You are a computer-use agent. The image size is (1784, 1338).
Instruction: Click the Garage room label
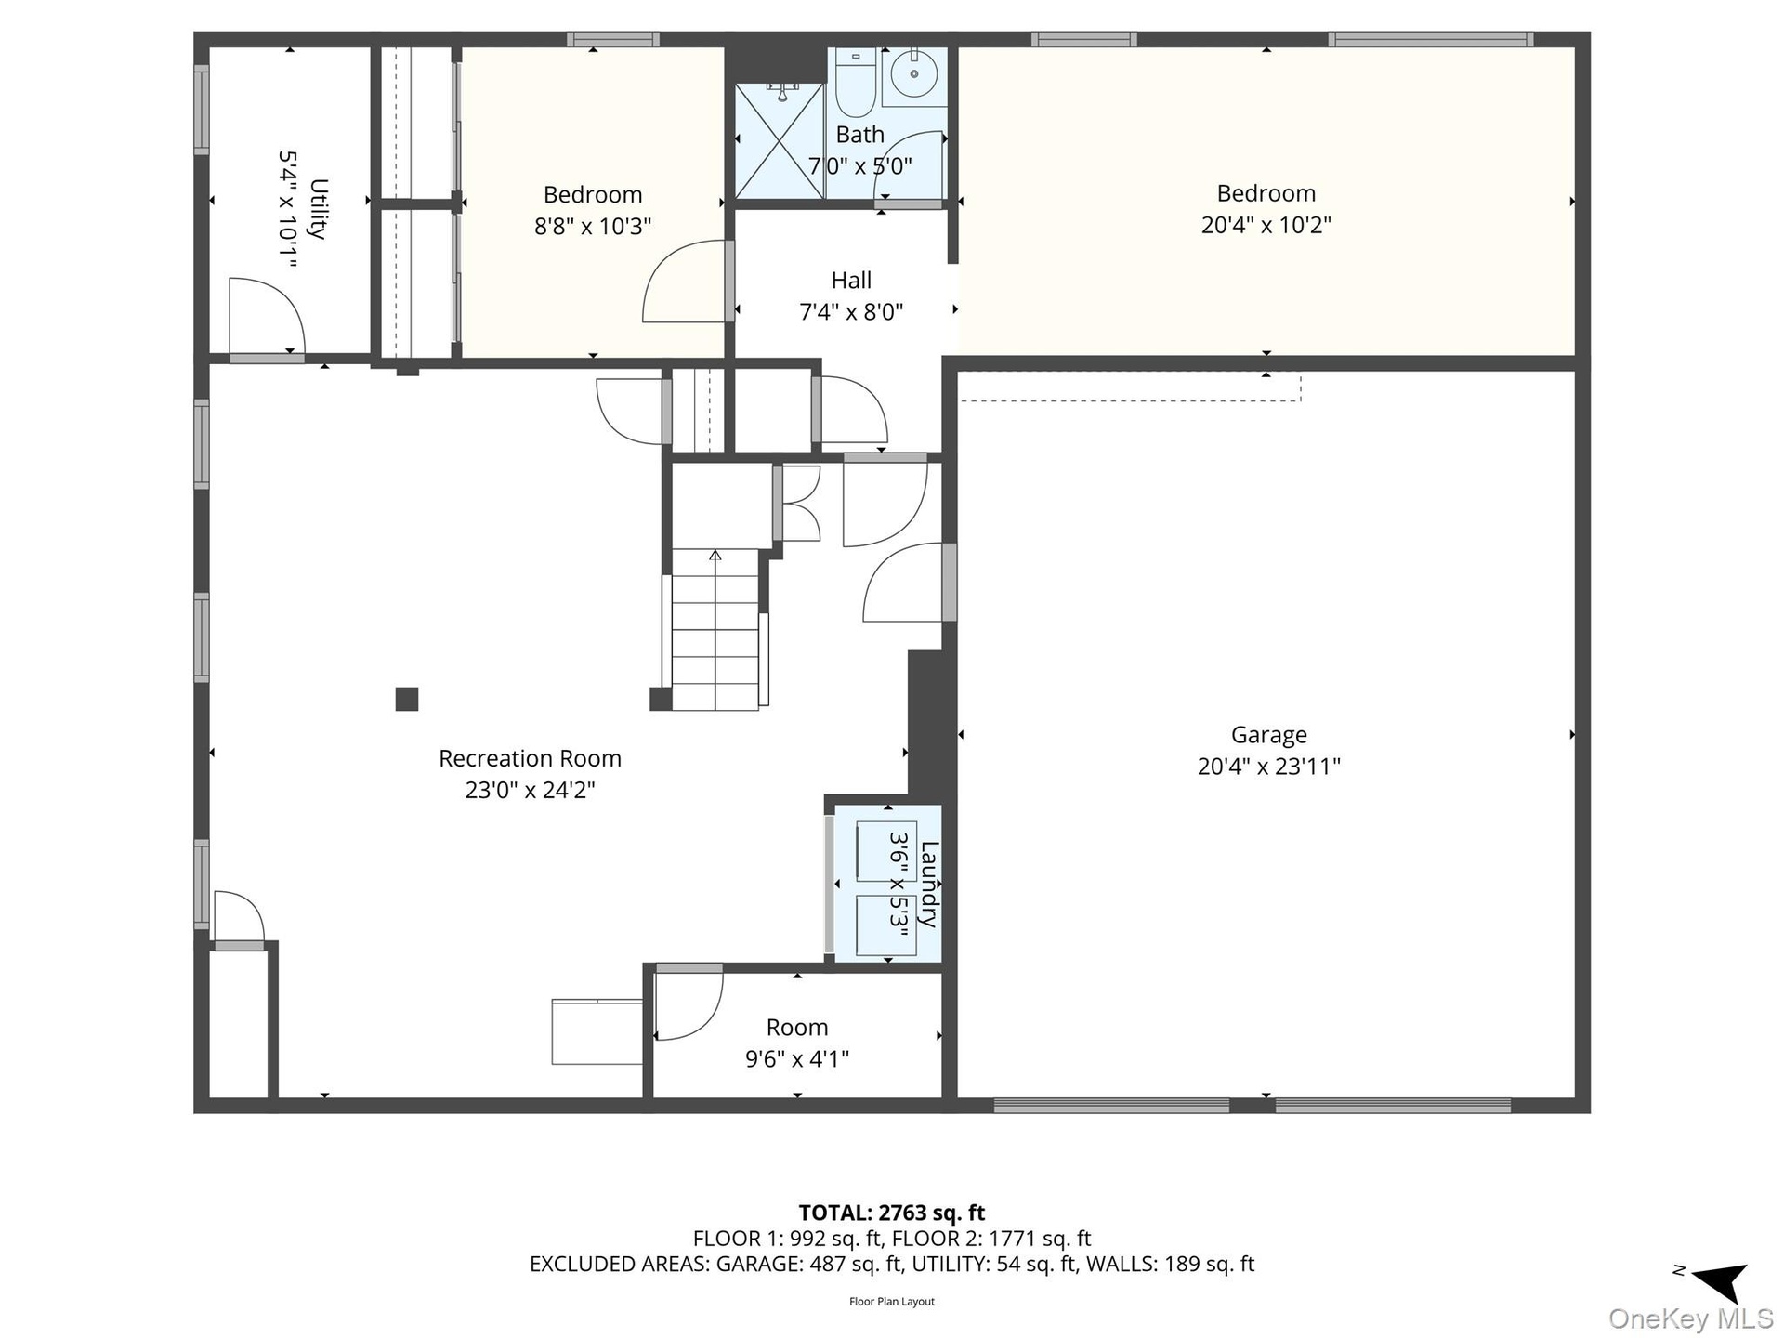[1268, 735]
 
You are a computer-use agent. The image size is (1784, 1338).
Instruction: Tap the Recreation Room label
[530, 758]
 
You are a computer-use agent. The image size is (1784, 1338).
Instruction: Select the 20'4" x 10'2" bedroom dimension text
[1266, 225]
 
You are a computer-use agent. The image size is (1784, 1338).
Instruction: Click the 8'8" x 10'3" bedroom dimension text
[593, 226]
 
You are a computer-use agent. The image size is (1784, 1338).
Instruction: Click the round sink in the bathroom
[914, 73]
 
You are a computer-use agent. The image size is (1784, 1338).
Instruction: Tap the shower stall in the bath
[780, 140]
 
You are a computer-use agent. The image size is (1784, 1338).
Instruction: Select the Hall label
[851, 281]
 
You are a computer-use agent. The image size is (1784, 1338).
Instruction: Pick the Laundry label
[928, 884]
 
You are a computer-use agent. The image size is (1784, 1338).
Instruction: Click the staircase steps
[715, 629]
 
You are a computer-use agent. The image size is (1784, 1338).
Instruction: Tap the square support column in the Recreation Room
[407, 699]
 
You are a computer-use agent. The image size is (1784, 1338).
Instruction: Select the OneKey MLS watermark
[1691, 1318]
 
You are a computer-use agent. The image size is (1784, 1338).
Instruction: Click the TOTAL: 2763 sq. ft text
[892, 1213]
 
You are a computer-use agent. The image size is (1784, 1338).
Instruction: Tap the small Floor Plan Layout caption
[892, 1302]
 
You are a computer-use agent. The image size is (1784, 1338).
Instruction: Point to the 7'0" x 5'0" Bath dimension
[859, 166]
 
